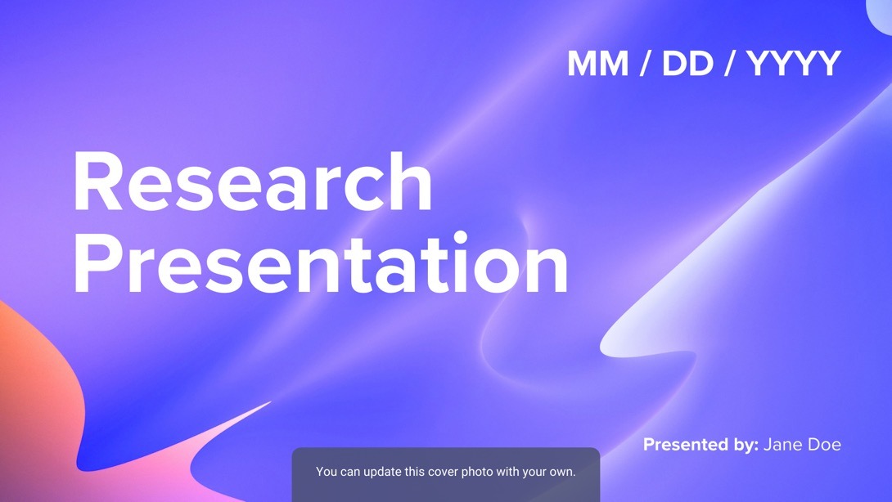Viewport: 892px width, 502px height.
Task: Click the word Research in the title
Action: (253, 182)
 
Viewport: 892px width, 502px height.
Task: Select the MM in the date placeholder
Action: (598, 63)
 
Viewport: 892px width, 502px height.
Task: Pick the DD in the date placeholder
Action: (687, 63)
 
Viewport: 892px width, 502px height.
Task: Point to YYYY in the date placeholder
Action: (794, 63)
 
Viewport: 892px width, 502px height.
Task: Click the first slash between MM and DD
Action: (646, 63)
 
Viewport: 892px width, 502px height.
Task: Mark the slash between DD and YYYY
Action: (730, 63)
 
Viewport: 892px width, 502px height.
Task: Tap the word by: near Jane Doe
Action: (741, 445)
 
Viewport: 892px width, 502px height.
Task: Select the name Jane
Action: (783, 445)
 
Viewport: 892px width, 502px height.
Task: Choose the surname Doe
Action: (824, 445)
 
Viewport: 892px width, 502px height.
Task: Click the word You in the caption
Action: (327, 472)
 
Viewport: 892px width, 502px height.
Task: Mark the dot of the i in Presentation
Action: (460, 238)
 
